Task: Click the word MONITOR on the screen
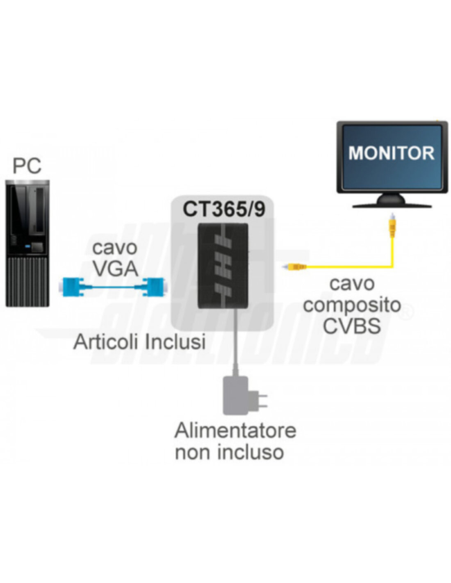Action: pyautogui.click(x=391, y=153)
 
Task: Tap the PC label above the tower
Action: pyautogui.click(x=27, y=166)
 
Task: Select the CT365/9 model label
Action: pyautogui.click(x=224, y=209)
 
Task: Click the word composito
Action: pyautogui.click(x=352, y=305)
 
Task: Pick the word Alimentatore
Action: pyautogui.click(x=235, y=430)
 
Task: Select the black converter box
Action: pyautogui.click(x=223, y=266)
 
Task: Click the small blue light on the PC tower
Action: pyautogui.click(x=28, y=246)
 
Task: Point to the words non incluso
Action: pyautogui.click(x=229, y=452)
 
